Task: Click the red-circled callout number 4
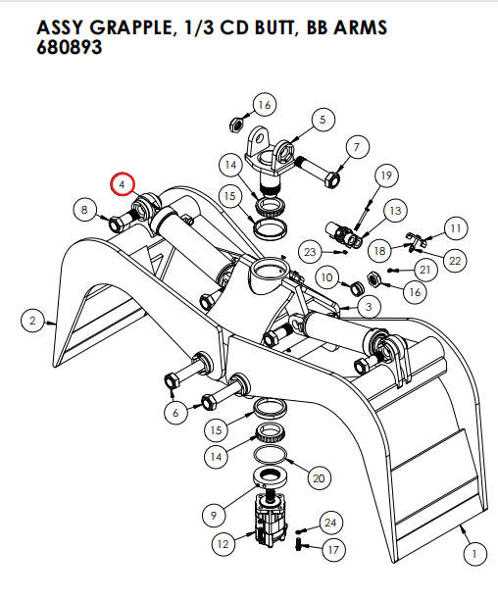point(122,183)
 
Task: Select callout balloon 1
point(473,556)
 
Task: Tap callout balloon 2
point(33,321)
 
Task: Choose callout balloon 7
point(356,148)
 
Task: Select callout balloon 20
point(317,478)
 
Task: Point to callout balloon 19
point(385,175)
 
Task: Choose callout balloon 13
point(395,210)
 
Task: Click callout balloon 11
point(455,228)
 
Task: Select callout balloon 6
point(175,413)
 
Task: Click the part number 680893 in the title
point(70,48)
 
